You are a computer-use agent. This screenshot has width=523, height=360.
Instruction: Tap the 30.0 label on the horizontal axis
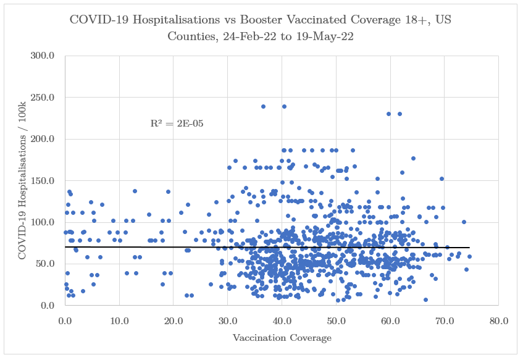228,320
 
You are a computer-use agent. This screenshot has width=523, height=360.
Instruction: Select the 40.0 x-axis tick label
282,320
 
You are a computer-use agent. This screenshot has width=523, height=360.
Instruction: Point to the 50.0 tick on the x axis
336,320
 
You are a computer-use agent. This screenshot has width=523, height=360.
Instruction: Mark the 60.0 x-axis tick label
390,320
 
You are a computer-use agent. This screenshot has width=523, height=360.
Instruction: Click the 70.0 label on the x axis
445,320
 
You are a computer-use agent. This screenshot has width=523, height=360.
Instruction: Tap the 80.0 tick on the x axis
498,320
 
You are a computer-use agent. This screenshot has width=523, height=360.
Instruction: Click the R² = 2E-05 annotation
177,123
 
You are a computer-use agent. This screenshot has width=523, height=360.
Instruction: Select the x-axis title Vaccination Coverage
282,338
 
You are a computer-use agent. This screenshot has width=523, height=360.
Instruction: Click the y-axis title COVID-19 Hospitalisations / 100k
23,180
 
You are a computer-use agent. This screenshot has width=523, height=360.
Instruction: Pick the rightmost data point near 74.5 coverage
469,256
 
